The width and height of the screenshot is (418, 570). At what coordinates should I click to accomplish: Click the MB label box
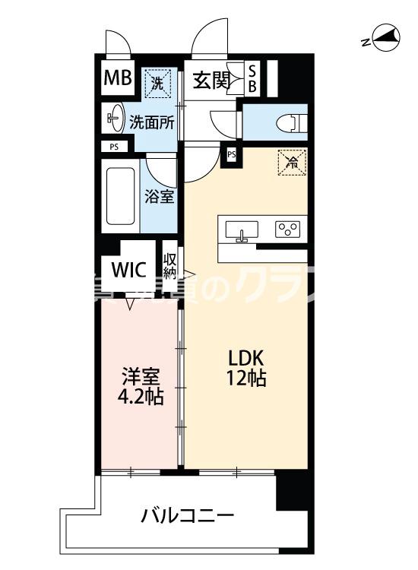coord(119,79)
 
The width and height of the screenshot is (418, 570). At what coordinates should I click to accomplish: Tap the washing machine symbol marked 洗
coord(157,82)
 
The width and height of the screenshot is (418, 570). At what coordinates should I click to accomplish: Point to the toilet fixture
coord(287,121)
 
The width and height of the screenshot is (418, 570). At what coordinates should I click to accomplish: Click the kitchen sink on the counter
coord(242,229)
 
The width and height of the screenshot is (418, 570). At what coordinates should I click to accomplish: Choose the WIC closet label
coord(128,271)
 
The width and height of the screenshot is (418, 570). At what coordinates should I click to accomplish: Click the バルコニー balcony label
coord(187,517)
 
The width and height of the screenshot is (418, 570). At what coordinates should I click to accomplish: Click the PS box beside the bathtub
coord(114,147)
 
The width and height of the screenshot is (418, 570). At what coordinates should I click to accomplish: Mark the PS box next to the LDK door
coord(231,154)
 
